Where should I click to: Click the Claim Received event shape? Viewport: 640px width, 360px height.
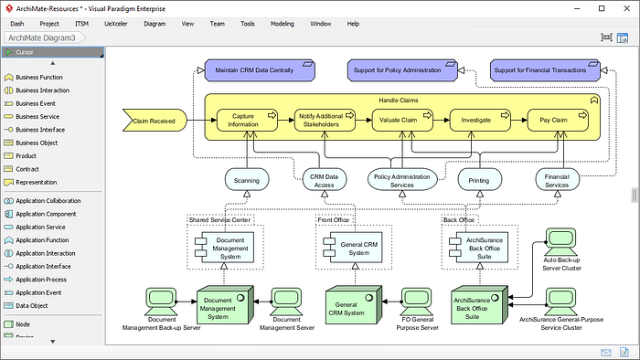tap(155, 121)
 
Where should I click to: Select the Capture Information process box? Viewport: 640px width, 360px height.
tap(247, 121)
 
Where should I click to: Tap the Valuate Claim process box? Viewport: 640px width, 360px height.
tap(402, 121)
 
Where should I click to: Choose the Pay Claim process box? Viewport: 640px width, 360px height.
tap(558, 121)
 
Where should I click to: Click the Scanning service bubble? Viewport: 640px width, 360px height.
tap(247, 180)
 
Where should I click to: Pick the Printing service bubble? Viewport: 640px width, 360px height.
tap(479, 180)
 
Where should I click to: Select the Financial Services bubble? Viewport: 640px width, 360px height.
tap(557, 180)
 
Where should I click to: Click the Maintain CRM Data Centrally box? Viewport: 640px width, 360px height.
tap(260, 70)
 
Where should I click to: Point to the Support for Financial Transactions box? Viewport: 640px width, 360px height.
tap(545, 70)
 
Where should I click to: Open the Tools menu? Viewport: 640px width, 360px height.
tap(248, 24)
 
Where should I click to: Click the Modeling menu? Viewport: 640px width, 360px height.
tap(282, 24)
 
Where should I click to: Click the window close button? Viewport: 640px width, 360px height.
tap(626, 8)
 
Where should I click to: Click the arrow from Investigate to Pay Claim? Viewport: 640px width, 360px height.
tap(518, 121)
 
